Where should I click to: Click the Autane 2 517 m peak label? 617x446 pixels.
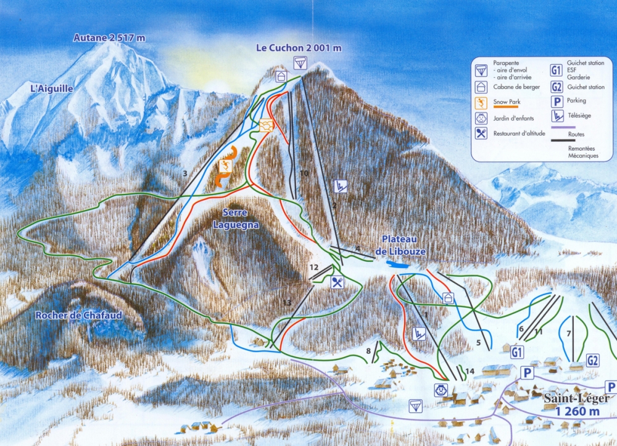[109, 38]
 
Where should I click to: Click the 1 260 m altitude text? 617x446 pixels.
[577, 411]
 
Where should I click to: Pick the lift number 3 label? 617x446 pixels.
[184, 174]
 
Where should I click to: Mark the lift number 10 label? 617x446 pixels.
[304, 174]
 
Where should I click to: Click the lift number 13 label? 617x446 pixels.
[286, 302]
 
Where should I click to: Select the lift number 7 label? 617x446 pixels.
[569, 334]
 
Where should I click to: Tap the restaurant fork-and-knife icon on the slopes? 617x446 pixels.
[337, 283]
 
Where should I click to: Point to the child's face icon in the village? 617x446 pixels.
[440, 390]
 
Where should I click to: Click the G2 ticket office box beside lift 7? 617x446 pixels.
[594, 360]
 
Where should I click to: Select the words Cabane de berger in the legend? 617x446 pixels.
[515, 86]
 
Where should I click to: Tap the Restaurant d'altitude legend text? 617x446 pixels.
[520, 133]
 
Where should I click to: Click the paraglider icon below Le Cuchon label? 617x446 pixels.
[300, 61]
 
